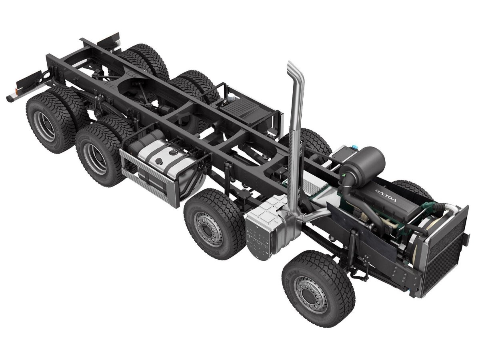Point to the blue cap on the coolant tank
pyautogui.click(x=354, y=147)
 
